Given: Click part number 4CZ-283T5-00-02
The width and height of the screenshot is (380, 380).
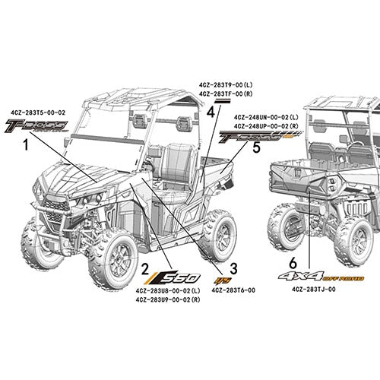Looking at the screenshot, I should point(38,112).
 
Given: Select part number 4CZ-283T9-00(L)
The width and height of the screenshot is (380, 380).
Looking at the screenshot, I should point(226,84).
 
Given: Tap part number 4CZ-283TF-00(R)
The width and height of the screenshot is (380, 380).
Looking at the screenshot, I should point(226,93).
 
